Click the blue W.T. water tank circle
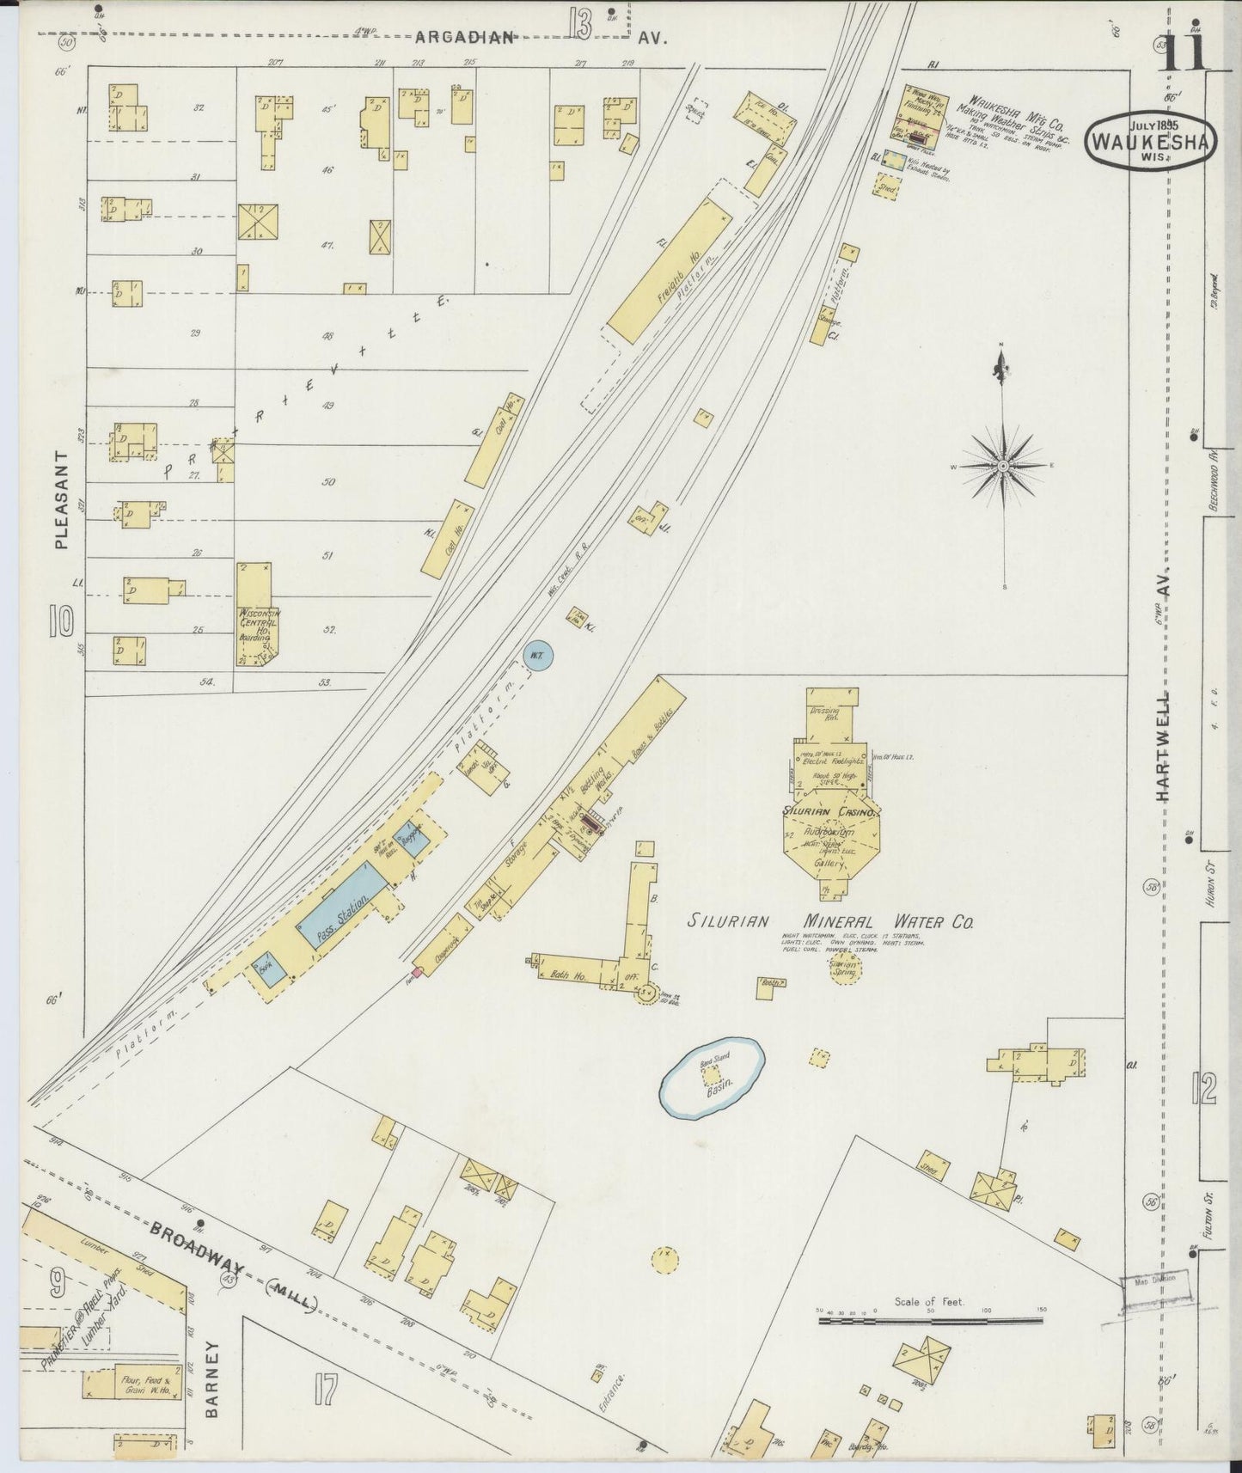point(537,656)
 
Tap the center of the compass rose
point(1002,466)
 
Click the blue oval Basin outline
point(713,1076)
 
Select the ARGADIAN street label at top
point(464,37)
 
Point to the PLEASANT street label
point(60,499)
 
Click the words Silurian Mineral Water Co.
point(830,922)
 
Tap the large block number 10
point(61,620)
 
